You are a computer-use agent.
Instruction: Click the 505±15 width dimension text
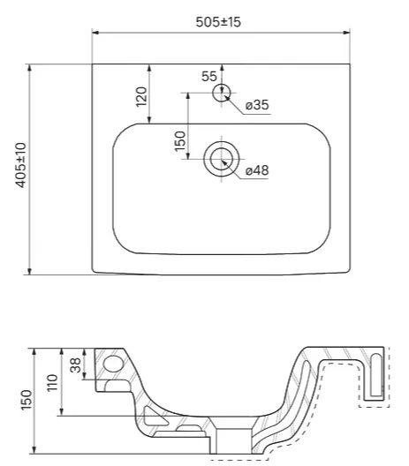click(x=218, y=22)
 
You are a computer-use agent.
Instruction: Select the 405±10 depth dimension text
click(x=21, y=165)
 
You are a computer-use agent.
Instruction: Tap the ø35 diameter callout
click(x=257, y=105)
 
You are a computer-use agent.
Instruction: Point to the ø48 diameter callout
click(x=257, y=170)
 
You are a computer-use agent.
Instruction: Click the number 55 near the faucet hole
click(x=209, y=77)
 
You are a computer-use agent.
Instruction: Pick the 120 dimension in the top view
click(x=141, y=96)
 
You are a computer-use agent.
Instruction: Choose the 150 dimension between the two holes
click(x=180, y=141)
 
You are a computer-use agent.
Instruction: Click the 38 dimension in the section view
click(x=76, y=365)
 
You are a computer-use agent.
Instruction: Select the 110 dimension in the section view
click(x=53, y=383)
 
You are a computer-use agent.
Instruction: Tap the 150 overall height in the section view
click(x=27, y=400)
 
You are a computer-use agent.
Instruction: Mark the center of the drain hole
click(x=222, y=159)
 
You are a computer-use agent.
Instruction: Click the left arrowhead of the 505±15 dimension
click(x=95, y=33)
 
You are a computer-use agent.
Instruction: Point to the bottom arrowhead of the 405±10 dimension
click(x=29, y=271)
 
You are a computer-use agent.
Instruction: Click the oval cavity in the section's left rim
click(x=113, y=364)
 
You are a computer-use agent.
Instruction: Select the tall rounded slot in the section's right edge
click(x=376, y=375)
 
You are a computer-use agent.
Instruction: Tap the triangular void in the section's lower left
click(x=153, y=415)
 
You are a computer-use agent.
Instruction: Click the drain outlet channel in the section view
click(x=234, y=441)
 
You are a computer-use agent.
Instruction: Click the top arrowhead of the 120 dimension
click(x=149, y=68)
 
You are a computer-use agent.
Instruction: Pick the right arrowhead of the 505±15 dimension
click(x=346, y=33)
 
